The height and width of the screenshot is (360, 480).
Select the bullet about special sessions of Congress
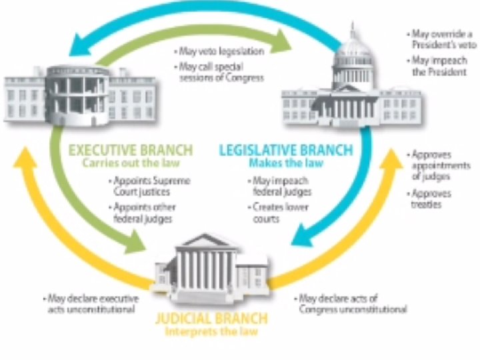[x=220, y=73]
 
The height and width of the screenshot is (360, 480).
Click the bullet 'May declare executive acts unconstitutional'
[x=91, y=304]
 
